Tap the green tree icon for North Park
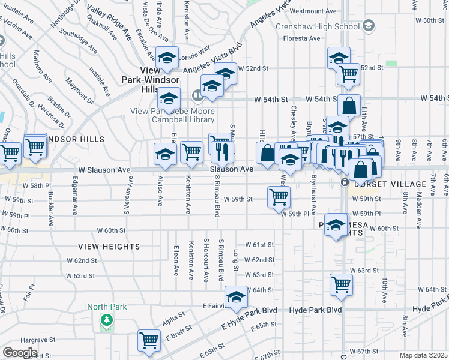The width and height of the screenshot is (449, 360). pos(107,320)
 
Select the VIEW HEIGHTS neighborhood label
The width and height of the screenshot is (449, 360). pos(109,247)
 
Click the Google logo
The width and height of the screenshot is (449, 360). pos(20,353)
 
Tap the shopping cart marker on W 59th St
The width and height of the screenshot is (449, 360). pos(279,196)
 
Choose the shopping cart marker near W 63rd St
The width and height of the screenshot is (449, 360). pos(341,284)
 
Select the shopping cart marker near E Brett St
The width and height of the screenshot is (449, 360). pos(149,340)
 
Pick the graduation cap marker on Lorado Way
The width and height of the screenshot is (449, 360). pos(167,57)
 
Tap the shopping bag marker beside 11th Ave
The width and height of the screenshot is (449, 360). pos(349,105)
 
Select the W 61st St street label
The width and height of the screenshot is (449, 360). pos(263,245)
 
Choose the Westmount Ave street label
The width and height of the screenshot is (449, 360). pos(310,11)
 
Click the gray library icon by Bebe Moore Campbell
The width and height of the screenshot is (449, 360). pos(197,95)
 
